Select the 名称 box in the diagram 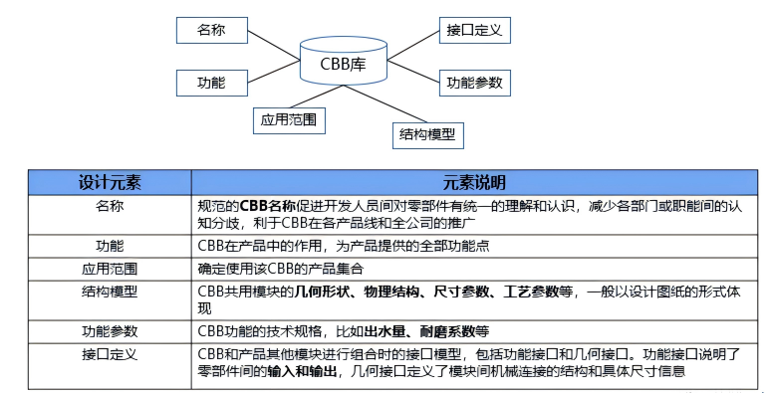212,31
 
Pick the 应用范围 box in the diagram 288,121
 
